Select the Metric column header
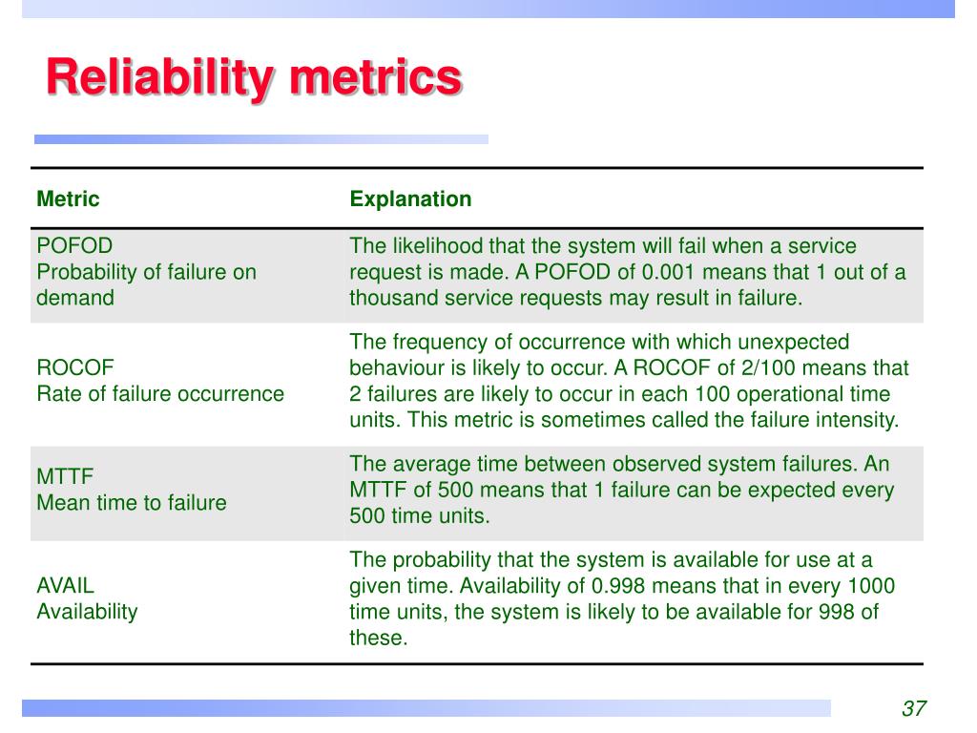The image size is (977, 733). coord(68,199)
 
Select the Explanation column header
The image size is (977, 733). coord(410,199)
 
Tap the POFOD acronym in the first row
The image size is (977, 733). coord(68,246)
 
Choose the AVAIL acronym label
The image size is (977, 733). coord(66,586)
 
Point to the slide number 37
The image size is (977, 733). coord(913,708)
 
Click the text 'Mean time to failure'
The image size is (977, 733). coord(132,503)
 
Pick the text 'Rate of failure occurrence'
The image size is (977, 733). coord(160,394)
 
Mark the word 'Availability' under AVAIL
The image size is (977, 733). coord(87,612)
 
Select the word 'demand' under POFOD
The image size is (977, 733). coord(75,298)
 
